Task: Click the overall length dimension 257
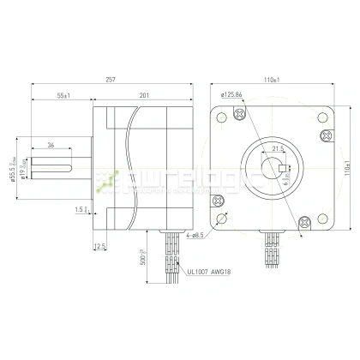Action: point(111,79)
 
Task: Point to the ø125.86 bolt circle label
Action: point(232,95)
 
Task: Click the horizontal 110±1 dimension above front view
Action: point(273,79)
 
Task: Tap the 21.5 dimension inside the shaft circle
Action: point(277,148)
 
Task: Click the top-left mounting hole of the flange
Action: point(225,117)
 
